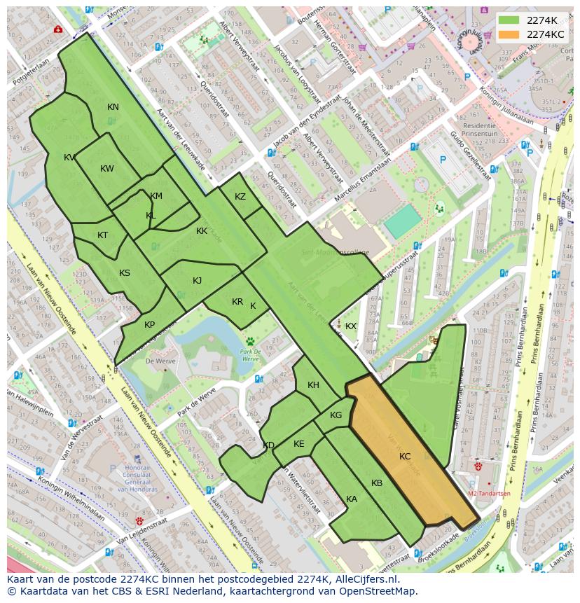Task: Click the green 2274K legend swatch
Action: [x=509, y=20]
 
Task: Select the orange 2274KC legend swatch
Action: [x=509, y=34]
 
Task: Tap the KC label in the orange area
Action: [x=405, y=457]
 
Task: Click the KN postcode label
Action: [x=113, y=107]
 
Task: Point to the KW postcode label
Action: [x=106, y=169]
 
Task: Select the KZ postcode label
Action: [x=240, y=197]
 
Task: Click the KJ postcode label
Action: [x=198, y=281]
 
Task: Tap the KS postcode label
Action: [x=125, y=273]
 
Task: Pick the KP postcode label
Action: [x=149, y=325]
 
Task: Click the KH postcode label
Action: [x=313, y=385]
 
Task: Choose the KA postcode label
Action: [x=352, y=499]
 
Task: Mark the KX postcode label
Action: [x=351, y=326]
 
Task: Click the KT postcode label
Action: [x=103, y=235]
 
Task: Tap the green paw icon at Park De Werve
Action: [x=249, y=342]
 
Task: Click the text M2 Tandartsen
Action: [x=488, y=493]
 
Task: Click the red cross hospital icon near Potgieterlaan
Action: [x=57, y=30]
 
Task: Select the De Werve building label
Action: [x=159, y=361]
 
